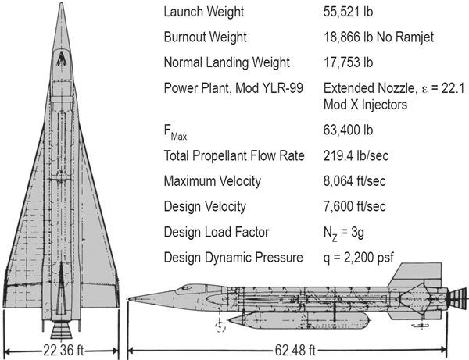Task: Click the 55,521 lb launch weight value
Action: [348, 12]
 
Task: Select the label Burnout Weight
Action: [205, 37]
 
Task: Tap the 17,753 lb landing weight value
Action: [348, 62]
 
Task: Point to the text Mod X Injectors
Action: [365, 105]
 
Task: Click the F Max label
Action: [175, 132]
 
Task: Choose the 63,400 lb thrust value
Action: [348, 130]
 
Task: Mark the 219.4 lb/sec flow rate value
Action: [356, 155]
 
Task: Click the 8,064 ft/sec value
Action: [354, 181]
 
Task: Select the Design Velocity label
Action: [205, 206]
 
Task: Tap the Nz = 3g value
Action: [344, 233]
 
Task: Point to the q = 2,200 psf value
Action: [359, 258]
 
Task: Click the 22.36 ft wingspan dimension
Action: [63, 350]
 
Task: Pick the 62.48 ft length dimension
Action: [295, 350]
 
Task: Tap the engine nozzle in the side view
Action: [456, 298]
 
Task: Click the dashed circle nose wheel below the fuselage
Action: [220, 327]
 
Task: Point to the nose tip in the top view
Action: [61, 3]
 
